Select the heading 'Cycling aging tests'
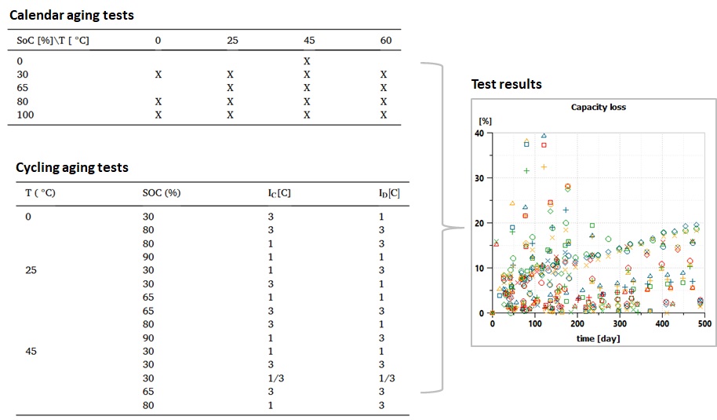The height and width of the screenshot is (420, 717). click(72, 167)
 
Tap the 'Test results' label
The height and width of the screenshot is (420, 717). click(506, 84)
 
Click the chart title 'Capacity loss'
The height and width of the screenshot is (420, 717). click(598, 108)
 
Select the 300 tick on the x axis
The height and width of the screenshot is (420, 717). click(620, 323)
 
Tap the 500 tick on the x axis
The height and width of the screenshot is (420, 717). click(704, 323)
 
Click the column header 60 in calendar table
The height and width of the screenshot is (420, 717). click(384, 40)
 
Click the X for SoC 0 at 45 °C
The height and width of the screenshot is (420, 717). click(307, 60)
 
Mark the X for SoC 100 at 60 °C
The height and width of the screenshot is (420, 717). click(384, 115)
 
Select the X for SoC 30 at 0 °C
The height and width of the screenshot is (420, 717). click(158, 74)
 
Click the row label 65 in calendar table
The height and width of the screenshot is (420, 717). click(23, 88)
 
